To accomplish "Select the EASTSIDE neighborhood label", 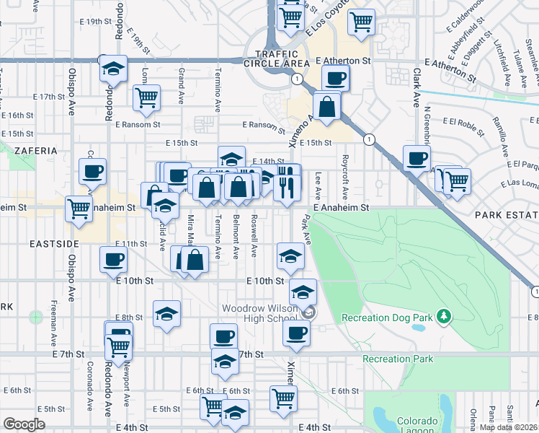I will [49, 245].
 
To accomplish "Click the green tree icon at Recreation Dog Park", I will [445, 316].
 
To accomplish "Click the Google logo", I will [24, 424].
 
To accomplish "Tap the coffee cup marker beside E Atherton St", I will [336, 77].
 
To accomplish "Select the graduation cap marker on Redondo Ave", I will [113, 69].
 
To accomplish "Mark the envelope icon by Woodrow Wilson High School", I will [309, 312].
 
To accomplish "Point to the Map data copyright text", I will [508, 427].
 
